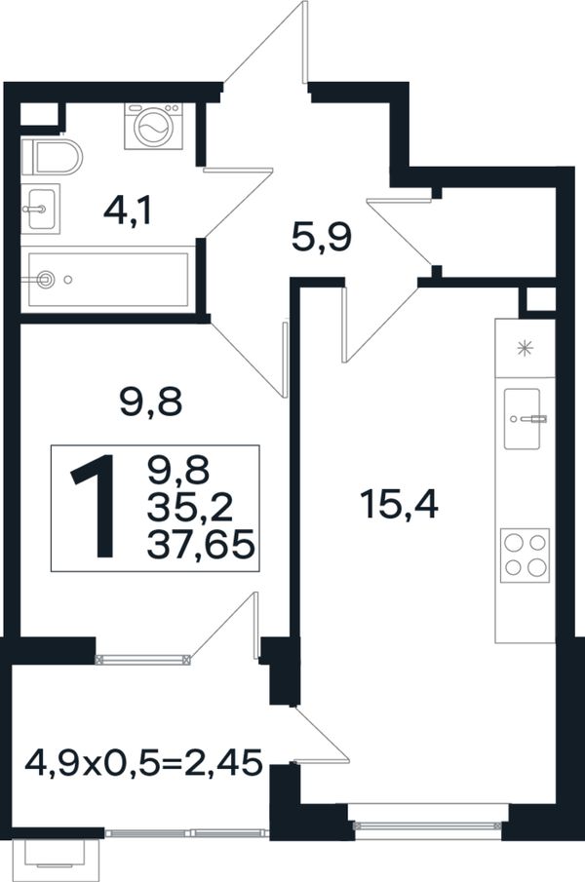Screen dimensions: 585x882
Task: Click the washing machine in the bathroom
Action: pos(154,126)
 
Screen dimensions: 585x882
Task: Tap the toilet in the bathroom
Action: pos(52,158)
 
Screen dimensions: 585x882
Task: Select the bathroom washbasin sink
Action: pos(41,209)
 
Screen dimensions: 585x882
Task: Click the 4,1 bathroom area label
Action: pos(128,212)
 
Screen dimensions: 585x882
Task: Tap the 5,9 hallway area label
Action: pos(322,237)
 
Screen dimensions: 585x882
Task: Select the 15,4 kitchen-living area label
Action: pos(400,504)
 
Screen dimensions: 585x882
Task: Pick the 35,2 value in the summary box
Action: pos(189,508)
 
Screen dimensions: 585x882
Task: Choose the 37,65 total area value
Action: pos(201,545)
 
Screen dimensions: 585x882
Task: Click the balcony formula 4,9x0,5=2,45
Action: pos(144,763)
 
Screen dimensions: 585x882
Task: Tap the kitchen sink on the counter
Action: pos(525,419)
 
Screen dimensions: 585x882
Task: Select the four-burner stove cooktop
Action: pos(525,556)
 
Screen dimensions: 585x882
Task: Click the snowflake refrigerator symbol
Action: pos(525,348)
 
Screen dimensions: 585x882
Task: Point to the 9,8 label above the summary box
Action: pos(151,403)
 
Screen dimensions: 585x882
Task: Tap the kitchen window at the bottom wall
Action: pos(428,825)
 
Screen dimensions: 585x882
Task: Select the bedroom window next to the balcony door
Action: pos(143,659)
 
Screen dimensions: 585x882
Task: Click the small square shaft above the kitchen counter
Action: pos(539,299)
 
